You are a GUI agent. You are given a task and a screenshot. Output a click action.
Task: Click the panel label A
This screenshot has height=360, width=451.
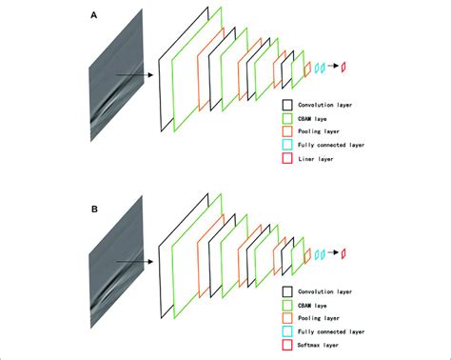click(93, 17)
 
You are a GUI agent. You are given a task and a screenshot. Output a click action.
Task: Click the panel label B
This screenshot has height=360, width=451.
click(93, 202)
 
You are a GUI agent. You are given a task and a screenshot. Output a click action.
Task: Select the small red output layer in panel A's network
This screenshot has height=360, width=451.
click(344, 66)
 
